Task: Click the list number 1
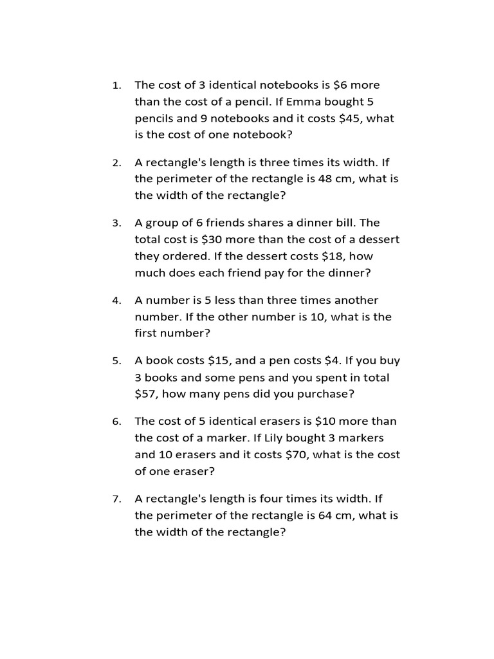[x=116, y=86]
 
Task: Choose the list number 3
[x=116, y=223]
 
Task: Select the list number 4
[x=116, y=301]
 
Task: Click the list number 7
[x=116, y=499]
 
